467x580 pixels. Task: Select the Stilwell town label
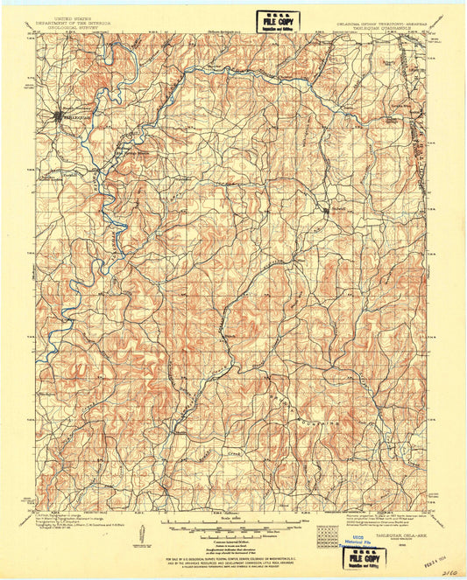tap(341, 209)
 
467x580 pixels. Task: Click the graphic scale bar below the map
tap(232, 525)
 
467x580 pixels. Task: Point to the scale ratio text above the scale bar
tap(232, 518)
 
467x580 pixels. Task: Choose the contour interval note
tap(232, 533)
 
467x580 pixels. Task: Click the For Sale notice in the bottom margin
tap(232, 558)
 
